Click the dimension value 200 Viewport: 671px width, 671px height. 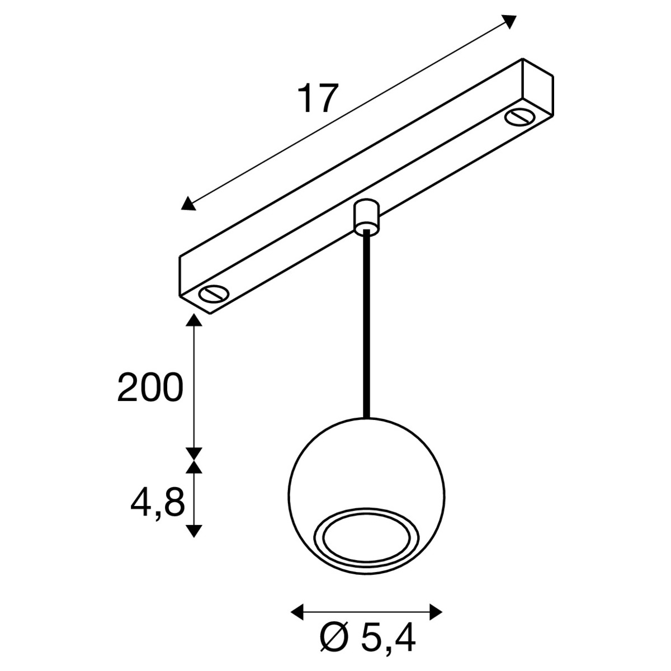point(150,387)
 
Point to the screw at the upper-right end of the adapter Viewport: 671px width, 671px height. point(521,117)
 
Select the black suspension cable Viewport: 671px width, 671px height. point(366,324)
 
